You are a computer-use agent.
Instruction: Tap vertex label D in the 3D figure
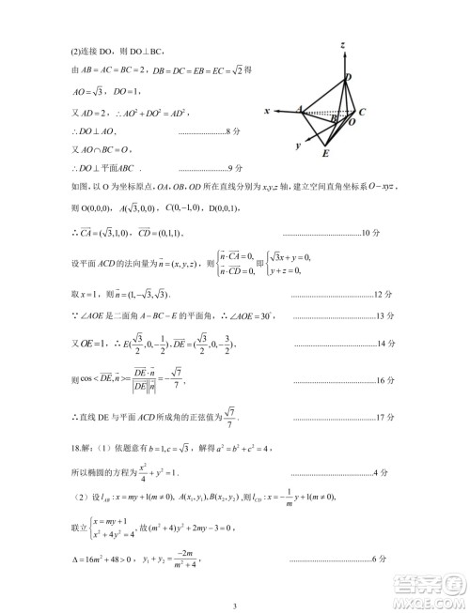349,77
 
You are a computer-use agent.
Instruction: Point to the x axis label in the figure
267,111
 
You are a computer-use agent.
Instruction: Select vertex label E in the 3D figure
325,153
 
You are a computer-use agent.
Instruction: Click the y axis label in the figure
297,146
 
